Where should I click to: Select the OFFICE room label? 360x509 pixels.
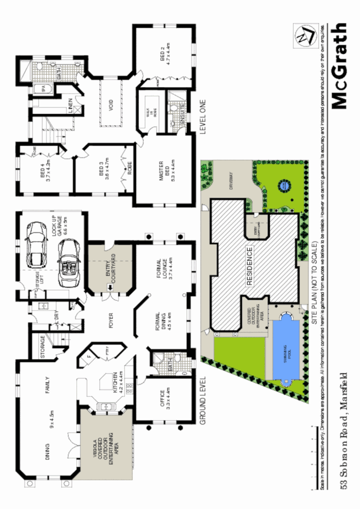[164, 400]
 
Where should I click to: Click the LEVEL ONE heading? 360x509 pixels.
[202, 116]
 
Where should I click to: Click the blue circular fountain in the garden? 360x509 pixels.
[283, 187]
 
